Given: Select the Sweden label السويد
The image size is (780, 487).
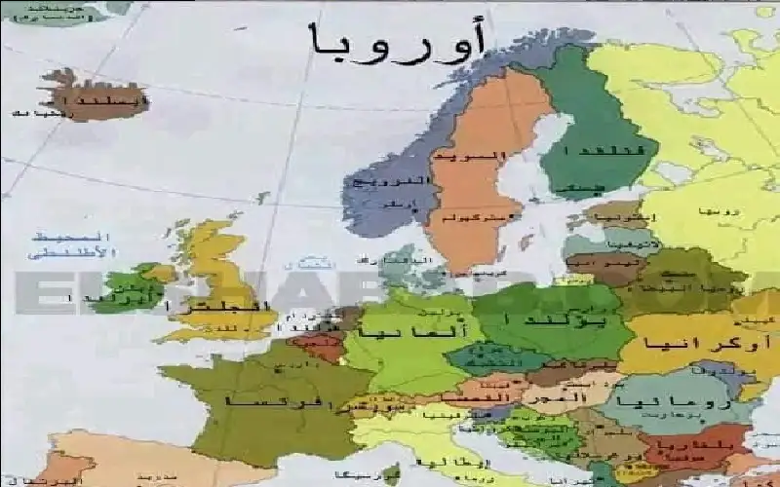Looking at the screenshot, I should point(485,156).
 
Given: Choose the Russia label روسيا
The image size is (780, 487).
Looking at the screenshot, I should point(718,210).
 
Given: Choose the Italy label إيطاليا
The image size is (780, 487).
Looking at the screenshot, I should point(479,461).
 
